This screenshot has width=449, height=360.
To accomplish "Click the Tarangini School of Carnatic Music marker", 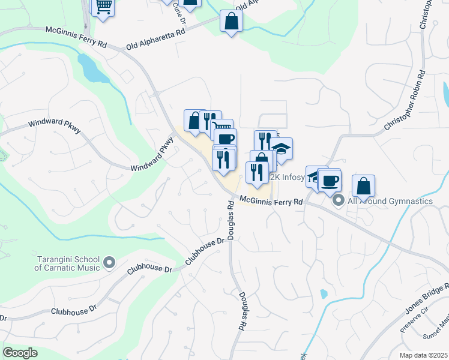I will coord(109,262).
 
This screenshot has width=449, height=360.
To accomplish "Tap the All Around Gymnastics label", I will coord(390,200).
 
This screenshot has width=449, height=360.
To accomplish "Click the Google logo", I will coord(20,352).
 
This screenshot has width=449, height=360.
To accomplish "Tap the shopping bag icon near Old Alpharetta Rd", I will coord(231,22).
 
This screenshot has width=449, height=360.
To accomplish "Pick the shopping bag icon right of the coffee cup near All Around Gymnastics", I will coord(363,185).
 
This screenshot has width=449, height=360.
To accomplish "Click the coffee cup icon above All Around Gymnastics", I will coord(330,180).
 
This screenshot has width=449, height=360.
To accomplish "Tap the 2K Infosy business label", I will coord(288,178).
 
